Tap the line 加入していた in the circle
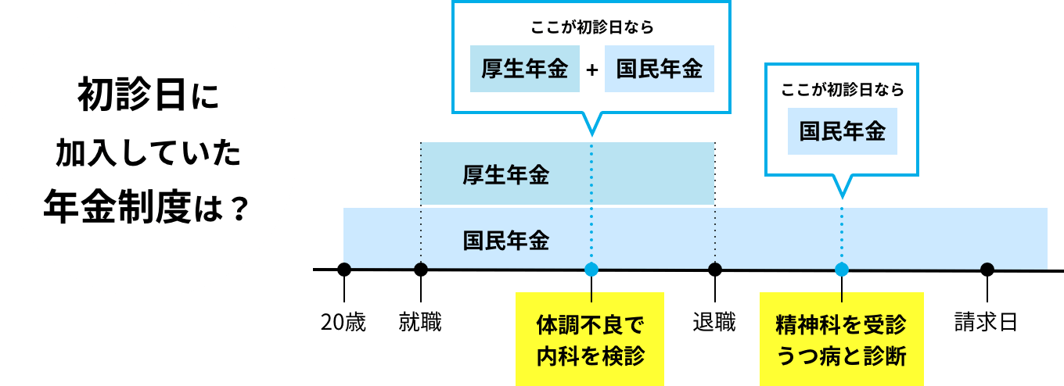(148, 154)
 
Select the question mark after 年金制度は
(240, 208)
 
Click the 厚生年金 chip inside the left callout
(524, 69)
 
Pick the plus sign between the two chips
(592, 70)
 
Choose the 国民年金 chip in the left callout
(659, 69)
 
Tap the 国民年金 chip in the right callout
(842, 131)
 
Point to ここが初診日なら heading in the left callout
(591, 27)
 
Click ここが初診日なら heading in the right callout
(842, 90)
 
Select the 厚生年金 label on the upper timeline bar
(505, 175)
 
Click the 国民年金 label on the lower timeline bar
(505, 240)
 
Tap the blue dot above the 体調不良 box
(591, 270)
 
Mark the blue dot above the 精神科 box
(842, 270)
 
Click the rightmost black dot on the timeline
(987, 270)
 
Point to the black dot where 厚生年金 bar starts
(421, 270)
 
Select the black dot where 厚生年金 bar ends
(714, 270)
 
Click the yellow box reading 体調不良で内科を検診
(590, 339)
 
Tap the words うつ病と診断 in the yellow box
(841, 356)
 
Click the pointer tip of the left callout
(591, 134)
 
